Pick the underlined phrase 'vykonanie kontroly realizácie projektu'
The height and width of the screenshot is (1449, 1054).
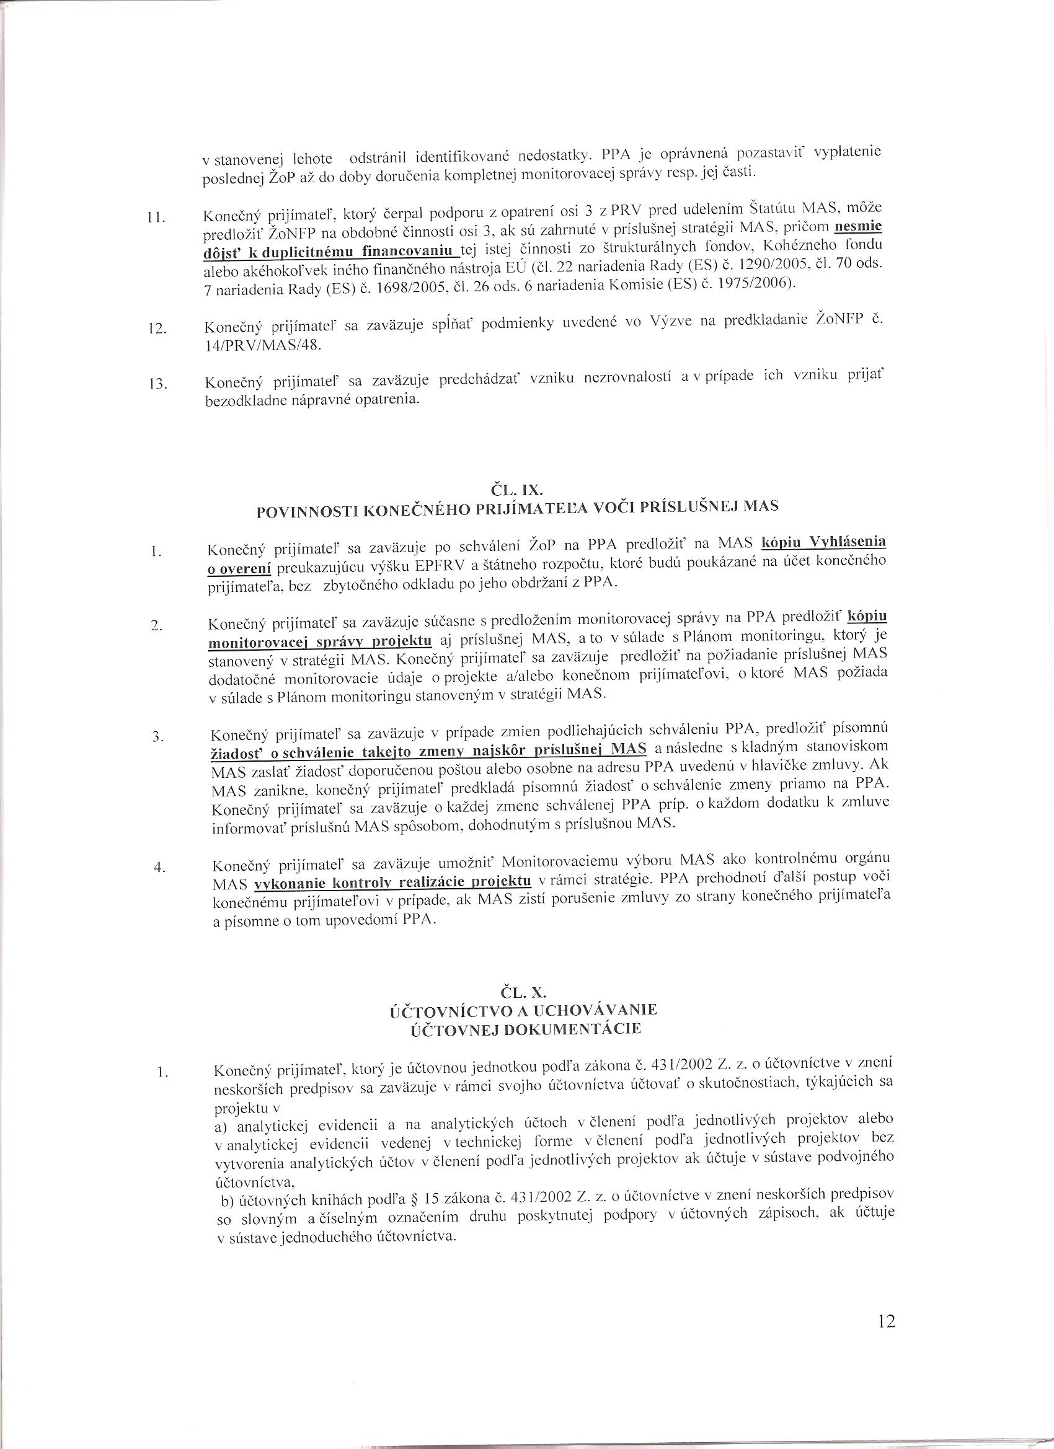[393, 883]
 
